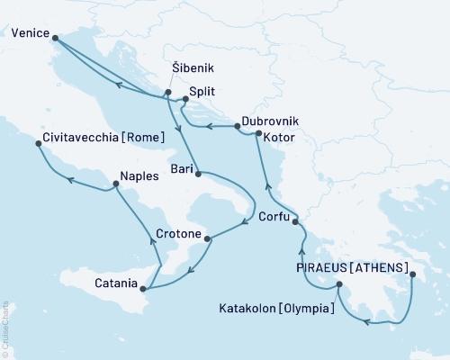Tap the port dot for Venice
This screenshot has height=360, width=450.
(56, 38)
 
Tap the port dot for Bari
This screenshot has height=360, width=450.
(197, 172)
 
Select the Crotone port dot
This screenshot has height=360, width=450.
(208, 238)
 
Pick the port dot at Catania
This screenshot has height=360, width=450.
(144, 288)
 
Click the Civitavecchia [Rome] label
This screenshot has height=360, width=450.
(103, 139)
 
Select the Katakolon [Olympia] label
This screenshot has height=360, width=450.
(277, 307)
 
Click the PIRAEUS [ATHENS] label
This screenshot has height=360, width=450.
(352, 267)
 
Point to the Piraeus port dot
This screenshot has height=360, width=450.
(413, 276)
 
